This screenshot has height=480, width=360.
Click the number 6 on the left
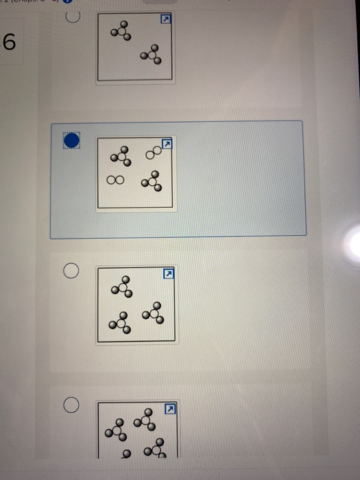click(9, 43)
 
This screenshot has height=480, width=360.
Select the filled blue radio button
click(71, 141)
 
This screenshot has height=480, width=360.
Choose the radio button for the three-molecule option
click(71, 272)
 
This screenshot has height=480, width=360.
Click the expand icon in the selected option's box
click(165, 145)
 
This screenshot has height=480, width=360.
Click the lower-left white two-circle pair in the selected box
click(115, 180)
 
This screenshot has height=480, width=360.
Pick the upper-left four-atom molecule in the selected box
click(121, 156)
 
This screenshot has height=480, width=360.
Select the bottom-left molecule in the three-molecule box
click(121, 321)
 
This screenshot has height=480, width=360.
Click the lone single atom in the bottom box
click(125, 453)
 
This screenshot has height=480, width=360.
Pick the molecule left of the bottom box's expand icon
click(145, 418)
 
